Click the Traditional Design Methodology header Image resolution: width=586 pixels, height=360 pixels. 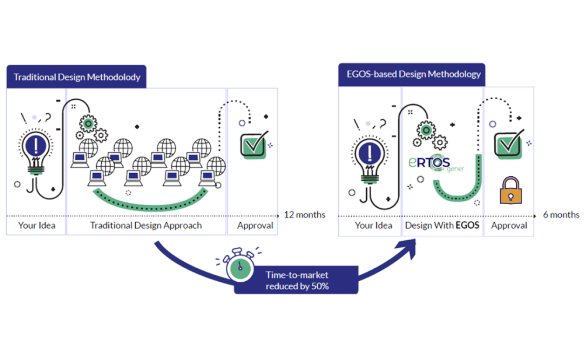click(x=77, y=77)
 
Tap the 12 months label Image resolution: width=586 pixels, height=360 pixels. click(x=305, y=215)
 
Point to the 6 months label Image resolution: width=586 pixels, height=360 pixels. click(x=561, y=215)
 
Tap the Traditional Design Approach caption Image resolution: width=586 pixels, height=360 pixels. click(x=146, y=226)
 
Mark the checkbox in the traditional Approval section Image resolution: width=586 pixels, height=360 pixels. click(x=253, y=144)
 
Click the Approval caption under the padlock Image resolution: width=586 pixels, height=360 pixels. click(x=509, y=226)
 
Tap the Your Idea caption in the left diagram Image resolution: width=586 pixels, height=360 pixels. click(x=37, y=226)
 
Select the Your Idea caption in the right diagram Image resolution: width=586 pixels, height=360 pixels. click(x=374, y=226)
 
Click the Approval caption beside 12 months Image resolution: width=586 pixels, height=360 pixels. click(x=255, y=226)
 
